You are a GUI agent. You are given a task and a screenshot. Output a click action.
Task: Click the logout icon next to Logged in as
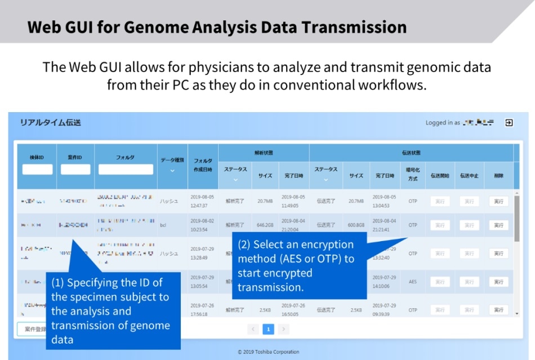point(509,122)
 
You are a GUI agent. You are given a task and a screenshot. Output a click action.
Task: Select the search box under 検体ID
point(37,169)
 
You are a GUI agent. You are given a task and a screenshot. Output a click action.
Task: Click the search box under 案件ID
point(75,169)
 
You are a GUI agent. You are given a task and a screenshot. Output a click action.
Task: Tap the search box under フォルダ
point(126,169)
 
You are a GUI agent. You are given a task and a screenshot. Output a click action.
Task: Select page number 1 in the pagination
point(269,329)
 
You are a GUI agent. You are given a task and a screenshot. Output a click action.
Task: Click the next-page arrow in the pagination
point(284,329)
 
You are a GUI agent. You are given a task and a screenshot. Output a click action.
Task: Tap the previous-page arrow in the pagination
point(253,329)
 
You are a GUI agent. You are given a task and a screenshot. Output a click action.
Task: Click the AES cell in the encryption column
point(413,282)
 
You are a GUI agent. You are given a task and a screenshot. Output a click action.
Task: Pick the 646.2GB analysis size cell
point(265,225)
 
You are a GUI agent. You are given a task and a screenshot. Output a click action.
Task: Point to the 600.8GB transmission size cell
point(356,225)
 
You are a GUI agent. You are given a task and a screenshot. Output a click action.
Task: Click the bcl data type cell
point(163,225)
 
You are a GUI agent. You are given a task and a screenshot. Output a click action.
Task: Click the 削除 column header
point(498,175)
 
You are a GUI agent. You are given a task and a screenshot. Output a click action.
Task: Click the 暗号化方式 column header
point(413,175)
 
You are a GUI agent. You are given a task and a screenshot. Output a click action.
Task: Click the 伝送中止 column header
point(469,175)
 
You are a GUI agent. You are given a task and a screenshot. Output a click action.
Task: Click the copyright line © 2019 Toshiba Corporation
point(268,352)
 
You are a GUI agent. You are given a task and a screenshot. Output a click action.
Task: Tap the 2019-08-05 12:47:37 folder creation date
point(203,201)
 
